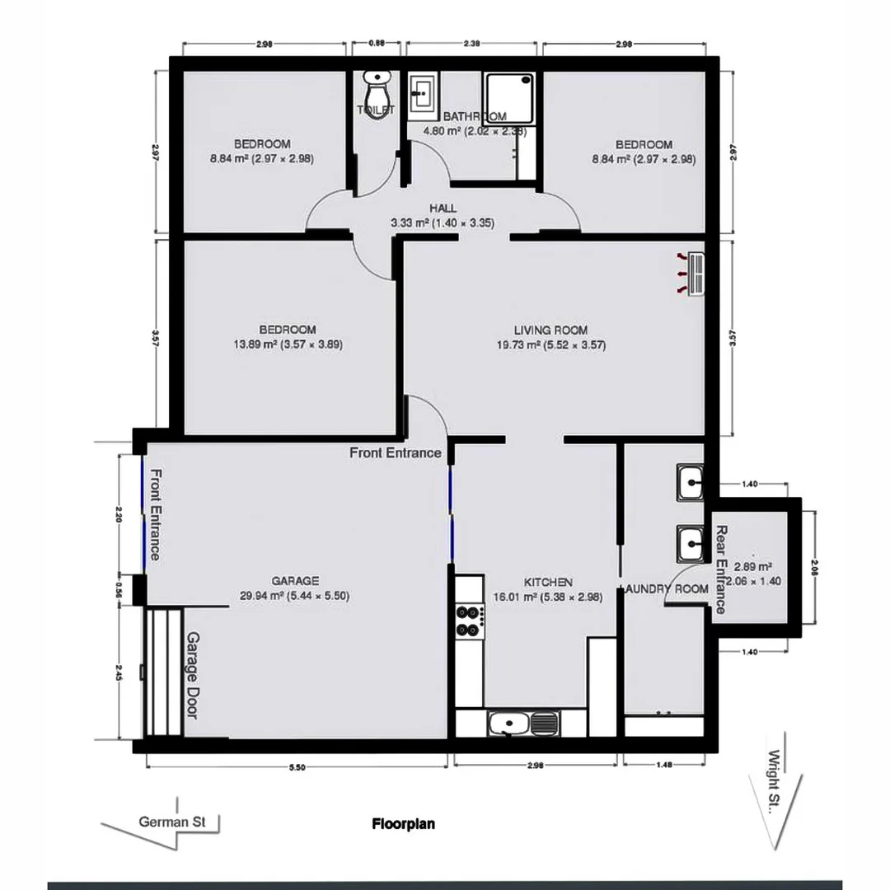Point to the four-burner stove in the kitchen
(469, 621)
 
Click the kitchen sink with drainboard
(522, 724)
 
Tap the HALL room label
(443, 208)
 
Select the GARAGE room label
(294, 581)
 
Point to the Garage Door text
(192, 675)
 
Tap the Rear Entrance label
(719, 569)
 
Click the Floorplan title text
(403, 823)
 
